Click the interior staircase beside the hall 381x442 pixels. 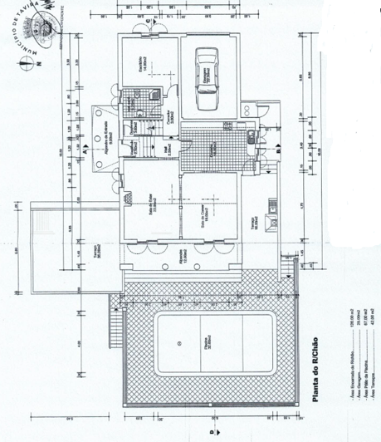pyautogui.click(x=148, y=150)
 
